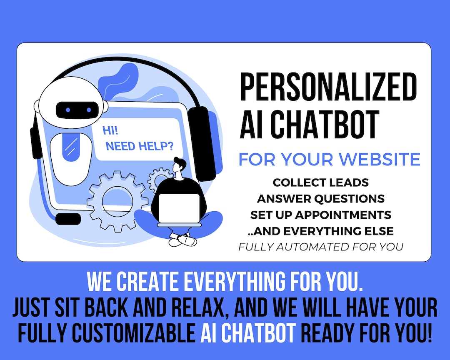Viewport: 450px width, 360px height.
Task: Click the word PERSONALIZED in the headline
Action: tap(328, 88)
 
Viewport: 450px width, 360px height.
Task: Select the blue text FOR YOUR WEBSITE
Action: tap(329, 159)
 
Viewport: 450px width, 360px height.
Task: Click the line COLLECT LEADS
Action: tap(321, 182)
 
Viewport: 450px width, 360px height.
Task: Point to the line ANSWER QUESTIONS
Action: tap(321, 198)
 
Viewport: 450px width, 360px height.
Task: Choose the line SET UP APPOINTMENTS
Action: tap(321, 215)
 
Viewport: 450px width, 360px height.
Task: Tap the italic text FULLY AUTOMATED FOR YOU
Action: tap(321, 247)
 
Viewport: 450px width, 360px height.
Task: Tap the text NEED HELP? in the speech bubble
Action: tap(140, 146)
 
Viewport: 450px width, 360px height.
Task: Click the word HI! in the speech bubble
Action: tap(110, 131)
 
